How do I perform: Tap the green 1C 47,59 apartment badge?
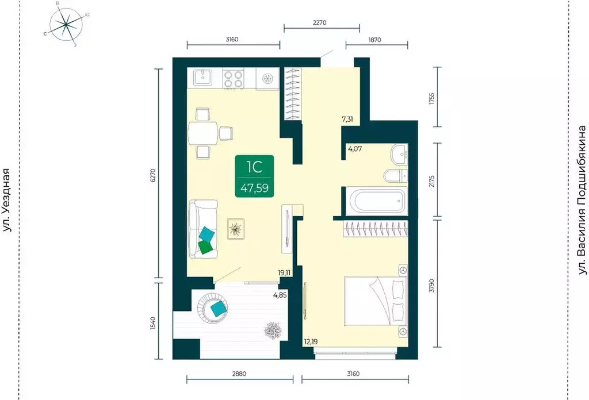(x=254, y=176)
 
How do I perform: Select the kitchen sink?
(x=202, y=78)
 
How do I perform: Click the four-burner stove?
(x=233, y=79)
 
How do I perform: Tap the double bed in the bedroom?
(x=376, y=301)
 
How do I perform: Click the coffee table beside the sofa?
(x=236, y=229)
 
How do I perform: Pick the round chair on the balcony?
(x=213, y=307)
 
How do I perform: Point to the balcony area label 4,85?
(x=280, y=295)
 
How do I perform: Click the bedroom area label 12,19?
(x=311, y=341)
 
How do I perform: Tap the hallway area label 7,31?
(x=347, y=120)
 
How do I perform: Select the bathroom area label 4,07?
(x=355, y=149)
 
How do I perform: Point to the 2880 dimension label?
(x=239, y=374)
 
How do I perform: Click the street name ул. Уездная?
(x=7, y=201)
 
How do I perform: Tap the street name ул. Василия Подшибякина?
(x=582, y=201)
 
